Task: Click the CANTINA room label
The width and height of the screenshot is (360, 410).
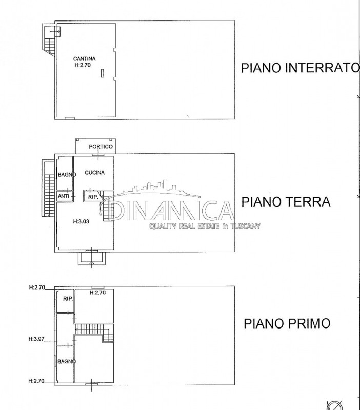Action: click(84, 59)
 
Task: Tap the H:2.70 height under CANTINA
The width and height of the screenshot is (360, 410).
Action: click(83, 65)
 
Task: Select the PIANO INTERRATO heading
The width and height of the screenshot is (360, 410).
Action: click(300, 68)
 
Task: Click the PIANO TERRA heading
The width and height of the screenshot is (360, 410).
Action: click(286, 202)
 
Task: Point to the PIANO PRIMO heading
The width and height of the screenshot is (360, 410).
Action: click(287, 323)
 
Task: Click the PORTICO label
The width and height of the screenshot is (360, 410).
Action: click(101, 147)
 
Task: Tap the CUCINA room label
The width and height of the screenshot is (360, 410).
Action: click(95, 173)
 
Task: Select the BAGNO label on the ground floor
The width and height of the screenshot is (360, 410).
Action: click(67, 175)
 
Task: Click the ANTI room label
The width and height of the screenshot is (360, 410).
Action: click(64, 196)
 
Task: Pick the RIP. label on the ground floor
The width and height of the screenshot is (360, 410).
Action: click(93, 197)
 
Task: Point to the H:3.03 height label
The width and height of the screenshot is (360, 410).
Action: click(81, 221)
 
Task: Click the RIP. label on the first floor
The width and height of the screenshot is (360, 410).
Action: click(68, 299)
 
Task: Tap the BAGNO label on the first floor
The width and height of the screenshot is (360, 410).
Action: click(67, 362)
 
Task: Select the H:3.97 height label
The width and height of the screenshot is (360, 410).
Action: click(36, 339)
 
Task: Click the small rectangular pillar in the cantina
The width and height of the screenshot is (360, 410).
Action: click(103, 73)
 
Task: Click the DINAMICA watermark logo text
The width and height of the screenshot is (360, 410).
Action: click(166, 210)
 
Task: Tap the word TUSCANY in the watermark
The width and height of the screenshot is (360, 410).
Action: click(246, 226)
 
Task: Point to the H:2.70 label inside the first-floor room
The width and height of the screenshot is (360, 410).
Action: click(97, 292)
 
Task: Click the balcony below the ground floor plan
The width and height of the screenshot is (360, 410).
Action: click(92, 258)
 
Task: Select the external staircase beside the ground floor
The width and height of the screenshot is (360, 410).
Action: click(48, 188)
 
